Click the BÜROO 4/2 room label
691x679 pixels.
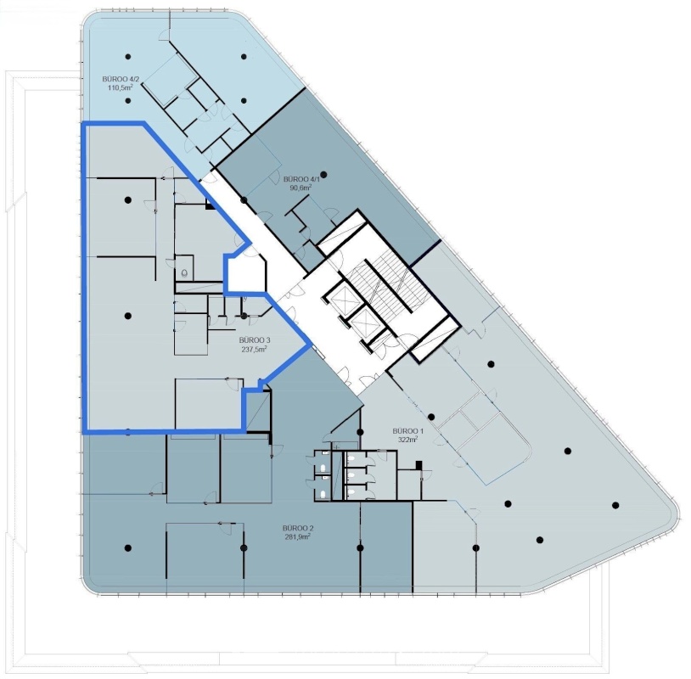(121, 79)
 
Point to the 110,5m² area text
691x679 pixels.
(121, 87)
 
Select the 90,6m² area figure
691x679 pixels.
(301, 188)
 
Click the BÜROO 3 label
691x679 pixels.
(255, 340)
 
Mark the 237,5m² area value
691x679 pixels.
(255, 349)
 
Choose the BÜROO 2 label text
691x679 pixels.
(298, 528)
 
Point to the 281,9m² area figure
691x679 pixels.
(298, 536)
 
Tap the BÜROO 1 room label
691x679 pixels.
(407, 431)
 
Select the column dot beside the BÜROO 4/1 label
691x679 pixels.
(324, 175)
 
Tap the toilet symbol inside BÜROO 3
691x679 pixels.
(184, 273)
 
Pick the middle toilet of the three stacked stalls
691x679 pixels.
(351, 475)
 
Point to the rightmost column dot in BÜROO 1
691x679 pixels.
(615, 505)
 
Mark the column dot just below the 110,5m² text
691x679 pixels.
(128, 100)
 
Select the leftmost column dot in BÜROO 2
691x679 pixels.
(128, 548)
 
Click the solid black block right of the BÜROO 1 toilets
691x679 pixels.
(419, 465)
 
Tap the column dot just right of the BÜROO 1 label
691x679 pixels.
(431, 417)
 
